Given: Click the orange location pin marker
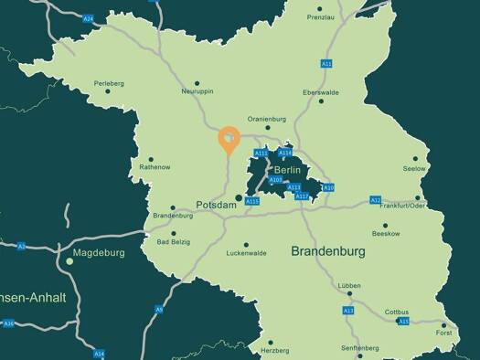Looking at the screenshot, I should [x=228, y=139].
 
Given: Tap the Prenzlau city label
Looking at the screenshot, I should [x=321, y=17].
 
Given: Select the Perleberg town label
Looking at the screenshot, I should [x=108, y=83].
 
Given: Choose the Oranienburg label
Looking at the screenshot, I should [x=267, y=118].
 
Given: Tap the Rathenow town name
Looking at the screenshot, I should [x=155, y=167].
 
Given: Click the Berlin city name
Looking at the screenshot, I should [x=287, y=170].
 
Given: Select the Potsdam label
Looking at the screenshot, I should [x=217, y=206].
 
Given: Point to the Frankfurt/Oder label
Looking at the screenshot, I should [x=402, y=206].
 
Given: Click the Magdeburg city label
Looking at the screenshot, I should [x=97, y=251].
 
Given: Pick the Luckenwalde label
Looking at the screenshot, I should [x=246, y=253].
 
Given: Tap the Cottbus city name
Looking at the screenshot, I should [x=398, y=311].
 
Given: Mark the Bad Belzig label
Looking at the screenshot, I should [x=175, y=242].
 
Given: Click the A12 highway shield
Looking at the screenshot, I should [x=375, y=199].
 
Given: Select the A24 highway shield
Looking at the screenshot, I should [x=88, y=18].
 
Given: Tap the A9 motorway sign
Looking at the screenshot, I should [x=159, y=310].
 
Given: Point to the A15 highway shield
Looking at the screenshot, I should [x=402, y=322].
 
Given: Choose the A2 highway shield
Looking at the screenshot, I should [x=21, y=246].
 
